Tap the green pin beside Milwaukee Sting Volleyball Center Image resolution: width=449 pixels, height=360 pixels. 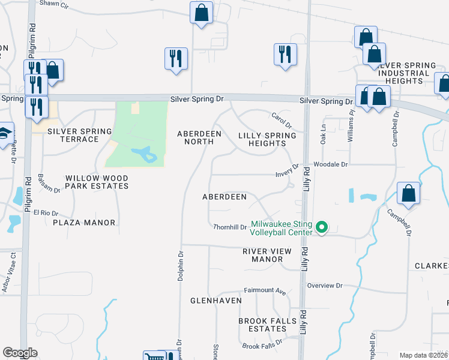point(322,227)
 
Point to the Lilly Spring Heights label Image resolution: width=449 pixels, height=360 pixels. point(267,139)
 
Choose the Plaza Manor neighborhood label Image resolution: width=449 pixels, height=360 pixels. point(83,223)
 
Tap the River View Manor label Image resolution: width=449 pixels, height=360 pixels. point(267,255)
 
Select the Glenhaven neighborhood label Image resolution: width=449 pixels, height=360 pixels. point(216,300)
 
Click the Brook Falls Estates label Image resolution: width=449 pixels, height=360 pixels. point(267,325)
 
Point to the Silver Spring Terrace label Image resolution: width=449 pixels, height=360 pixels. point(80,135)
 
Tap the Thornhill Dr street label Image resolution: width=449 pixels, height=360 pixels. point(230,227)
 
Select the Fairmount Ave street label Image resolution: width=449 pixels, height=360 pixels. point(265,290)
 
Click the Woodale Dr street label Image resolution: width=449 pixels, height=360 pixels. point(330,164)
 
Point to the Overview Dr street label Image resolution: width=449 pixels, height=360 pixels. point(324,286)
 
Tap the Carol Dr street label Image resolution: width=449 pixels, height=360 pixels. point(281,122)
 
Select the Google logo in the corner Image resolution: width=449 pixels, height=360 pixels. point(20,353)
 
